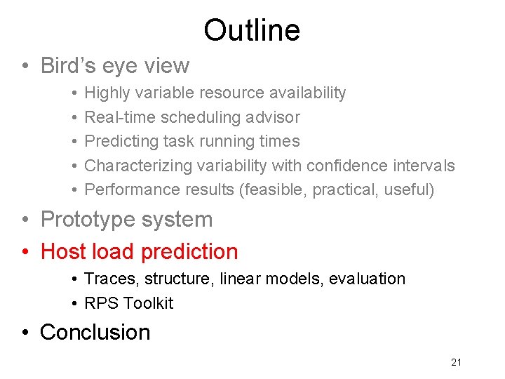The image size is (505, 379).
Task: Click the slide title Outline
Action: point(252,30)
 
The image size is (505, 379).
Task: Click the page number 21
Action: point(457,362)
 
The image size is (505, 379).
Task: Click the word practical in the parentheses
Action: point(350,189)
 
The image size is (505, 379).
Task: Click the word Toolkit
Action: point(148,303)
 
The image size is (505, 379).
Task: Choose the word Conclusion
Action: point(95,332)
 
